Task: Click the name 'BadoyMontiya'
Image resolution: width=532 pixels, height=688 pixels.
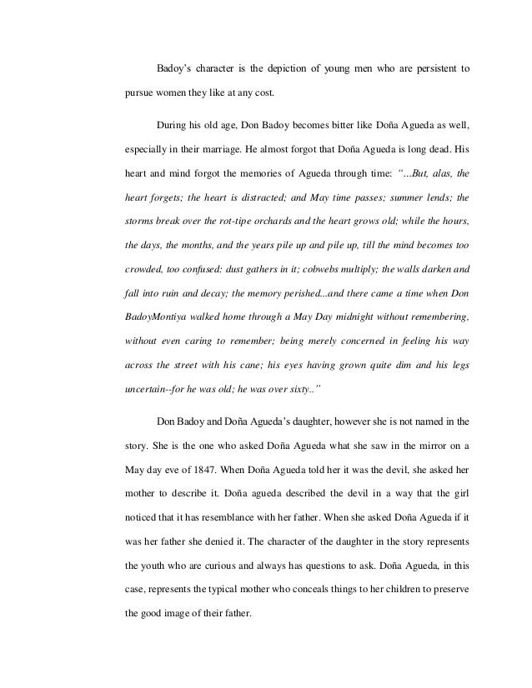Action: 162,318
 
